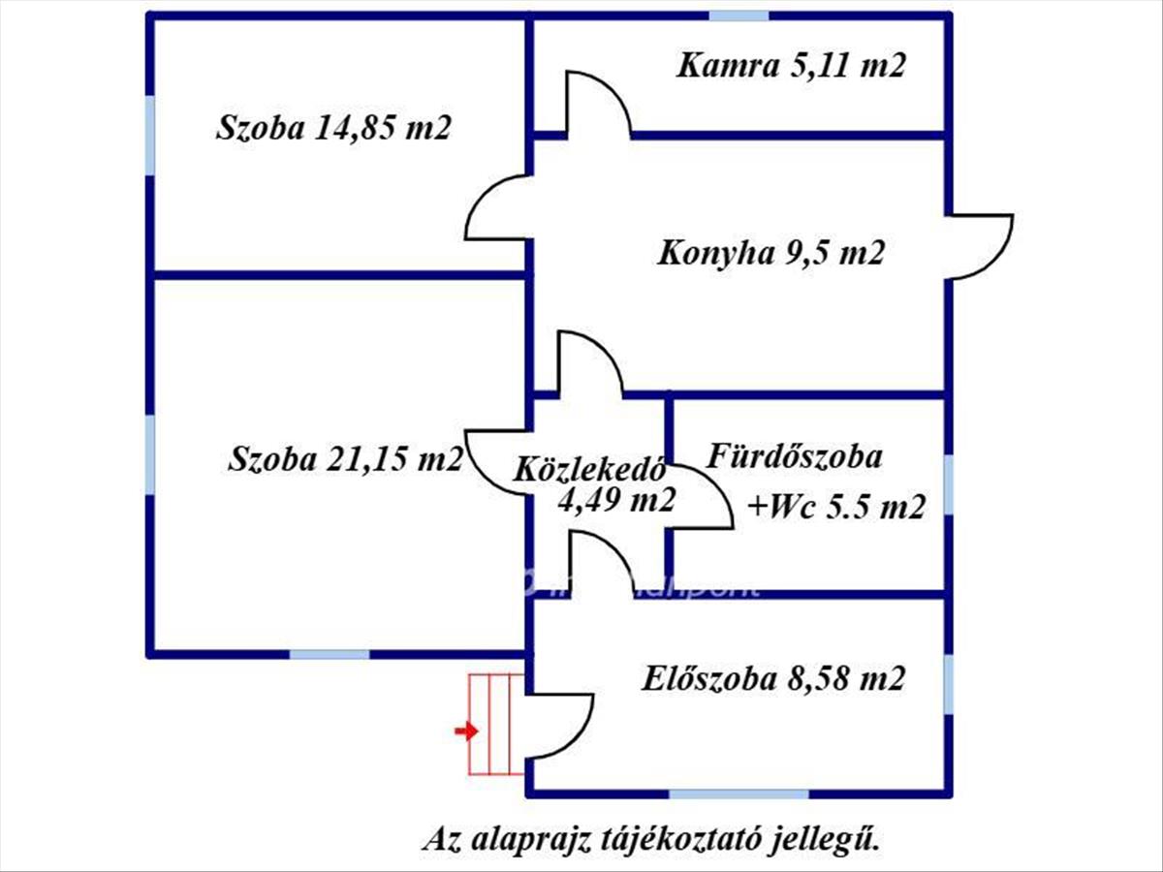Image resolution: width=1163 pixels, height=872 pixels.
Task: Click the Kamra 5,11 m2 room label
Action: point(791,66)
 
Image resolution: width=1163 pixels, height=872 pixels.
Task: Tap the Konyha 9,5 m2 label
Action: point(771,254)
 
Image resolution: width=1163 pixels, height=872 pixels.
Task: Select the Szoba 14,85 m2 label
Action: point(334,127)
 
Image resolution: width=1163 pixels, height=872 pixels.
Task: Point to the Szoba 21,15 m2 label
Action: point(345,458)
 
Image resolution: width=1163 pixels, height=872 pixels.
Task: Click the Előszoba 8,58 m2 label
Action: point(773,678)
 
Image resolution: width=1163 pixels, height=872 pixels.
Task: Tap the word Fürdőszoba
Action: point(796,455)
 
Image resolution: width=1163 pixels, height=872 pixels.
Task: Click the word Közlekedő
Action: point(588,470)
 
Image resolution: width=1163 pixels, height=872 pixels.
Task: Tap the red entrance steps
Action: point(495,725)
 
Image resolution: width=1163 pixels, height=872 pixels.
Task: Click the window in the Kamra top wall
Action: point(739,16)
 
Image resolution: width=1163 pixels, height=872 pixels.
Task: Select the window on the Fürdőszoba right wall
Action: point(948,484)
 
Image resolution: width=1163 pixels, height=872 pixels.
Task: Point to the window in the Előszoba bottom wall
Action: point(739,794)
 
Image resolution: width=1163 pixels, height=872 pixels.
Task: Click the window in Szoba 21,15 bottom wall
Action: point(330,654)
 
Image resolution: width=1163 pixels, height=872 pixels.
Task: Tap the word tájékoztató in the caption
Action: point(668,839)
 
